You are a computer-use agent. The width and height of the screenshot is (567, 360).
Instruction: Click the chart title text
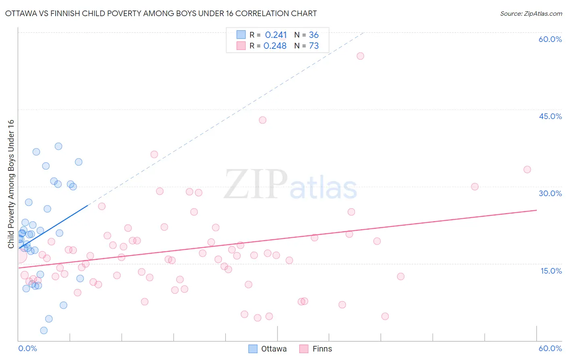click(x=161, y=13)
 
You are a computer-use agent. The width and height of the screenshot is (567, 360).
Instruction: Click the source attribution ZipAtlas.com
click(x=531, y=13)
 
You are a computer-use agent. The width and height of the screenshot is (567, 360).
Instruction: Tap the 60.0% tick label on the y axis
click(x=550, y=39)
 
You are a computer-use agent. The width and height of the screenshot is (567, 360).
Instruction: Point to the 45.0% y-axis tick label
click(x=550, y=116)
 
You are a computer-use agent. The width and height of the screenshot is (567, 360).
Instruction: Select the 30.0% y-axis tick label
click(x=550, y=193)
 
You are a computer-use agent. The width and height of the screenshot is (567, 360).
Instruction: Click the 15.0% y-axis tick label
click(x=551, y=270)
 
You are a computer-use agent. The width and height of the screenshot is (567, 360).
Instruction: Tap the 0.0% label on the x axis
click(x=27, y=348)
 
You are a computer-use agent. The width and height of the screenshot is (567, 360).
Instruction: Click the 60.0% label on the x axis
click(x=550, y=348)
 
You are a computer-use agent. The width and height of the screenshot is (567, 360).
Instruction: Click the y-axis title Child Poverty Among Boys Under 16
click(x=11, y=184)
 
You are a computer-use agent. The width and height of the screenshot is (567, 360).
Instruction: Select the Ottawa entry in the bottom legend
click(x=268, y=349)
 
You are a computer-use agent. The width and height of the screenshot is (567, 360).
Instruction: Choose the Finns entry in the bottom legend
click(x=316, y=349)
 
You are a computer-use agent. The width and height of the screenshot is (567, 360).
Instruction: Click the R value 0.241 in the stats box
click(x=276, y=35)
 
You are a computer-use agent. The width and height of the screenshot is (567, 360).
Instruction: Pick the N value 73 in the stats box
click(x=314, y=46)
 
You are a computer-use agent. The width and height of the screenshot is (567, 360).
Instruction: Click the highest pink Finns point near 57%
click(x=361, y=56)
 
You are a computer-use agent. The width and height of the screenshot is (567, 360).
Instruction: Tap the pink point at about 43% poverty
click(x=263, y=120)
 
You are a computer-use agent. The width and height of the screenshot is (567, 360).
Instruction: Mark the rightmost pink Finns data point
click(x=527, y=170)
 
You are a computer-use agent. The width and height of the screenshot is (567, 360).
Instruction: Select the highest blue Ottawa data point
click(x=58, y=147)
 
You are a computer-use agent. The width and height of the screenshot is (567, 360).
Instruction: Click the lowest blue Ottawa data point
click(x=44, y=331)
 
